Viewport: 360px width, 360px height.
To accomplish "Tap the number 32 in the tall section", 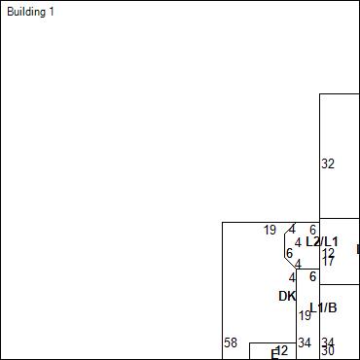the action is [x=328, y=163].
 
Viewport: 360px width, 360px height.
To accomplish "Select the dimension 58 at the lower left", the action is [x=231, y=342].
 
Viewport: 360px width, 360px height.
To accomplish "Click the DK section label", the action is [x=287, y=296].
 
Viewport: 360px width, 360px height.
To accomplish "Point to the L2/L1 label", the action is [x=322, y=241].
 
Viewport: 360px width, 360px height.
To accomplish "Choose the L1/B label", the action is [x=324, y=307].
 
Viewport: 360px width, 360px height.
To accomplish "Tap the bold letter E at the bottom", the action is [x=274, y=354].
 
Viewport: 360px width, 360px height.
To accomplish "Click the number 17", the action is [x=328, y=261].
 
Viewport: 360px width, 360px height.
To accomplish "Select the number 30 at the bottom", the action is [x=328, y=351].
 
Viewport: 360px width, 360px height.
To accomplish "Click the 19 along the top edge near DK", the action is [x=270, y=230].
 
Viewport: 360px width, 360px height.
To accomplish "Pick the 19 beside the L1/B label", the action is [x=305, y=315].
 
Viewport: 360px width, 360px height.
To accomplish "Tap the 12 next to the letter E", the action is [x=282, y=349].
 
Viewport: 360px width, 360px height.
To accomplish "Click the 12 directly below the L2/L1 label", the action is [x=328, y=252].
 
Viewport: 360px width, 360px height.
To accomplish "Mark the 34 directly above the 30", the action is [x=328, y=342].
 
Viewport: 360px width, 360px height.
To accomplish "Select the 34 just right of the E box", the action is [x=305, y=342].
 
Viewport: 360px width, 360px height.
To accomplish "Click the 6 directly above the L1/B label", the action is [x=312, y=276].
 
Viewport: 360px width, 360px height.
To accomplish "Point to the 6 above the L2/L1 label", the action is [x=312, y=230].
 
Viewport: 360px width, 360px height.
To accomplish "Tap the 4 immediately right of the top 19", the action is [x=291, y=230].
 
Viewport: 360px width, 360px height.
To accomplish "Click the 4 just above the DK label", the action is [x=291, y=278].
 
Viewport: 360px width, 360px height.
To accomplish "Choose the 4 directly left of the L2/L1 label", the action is [x=298, y=241].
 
